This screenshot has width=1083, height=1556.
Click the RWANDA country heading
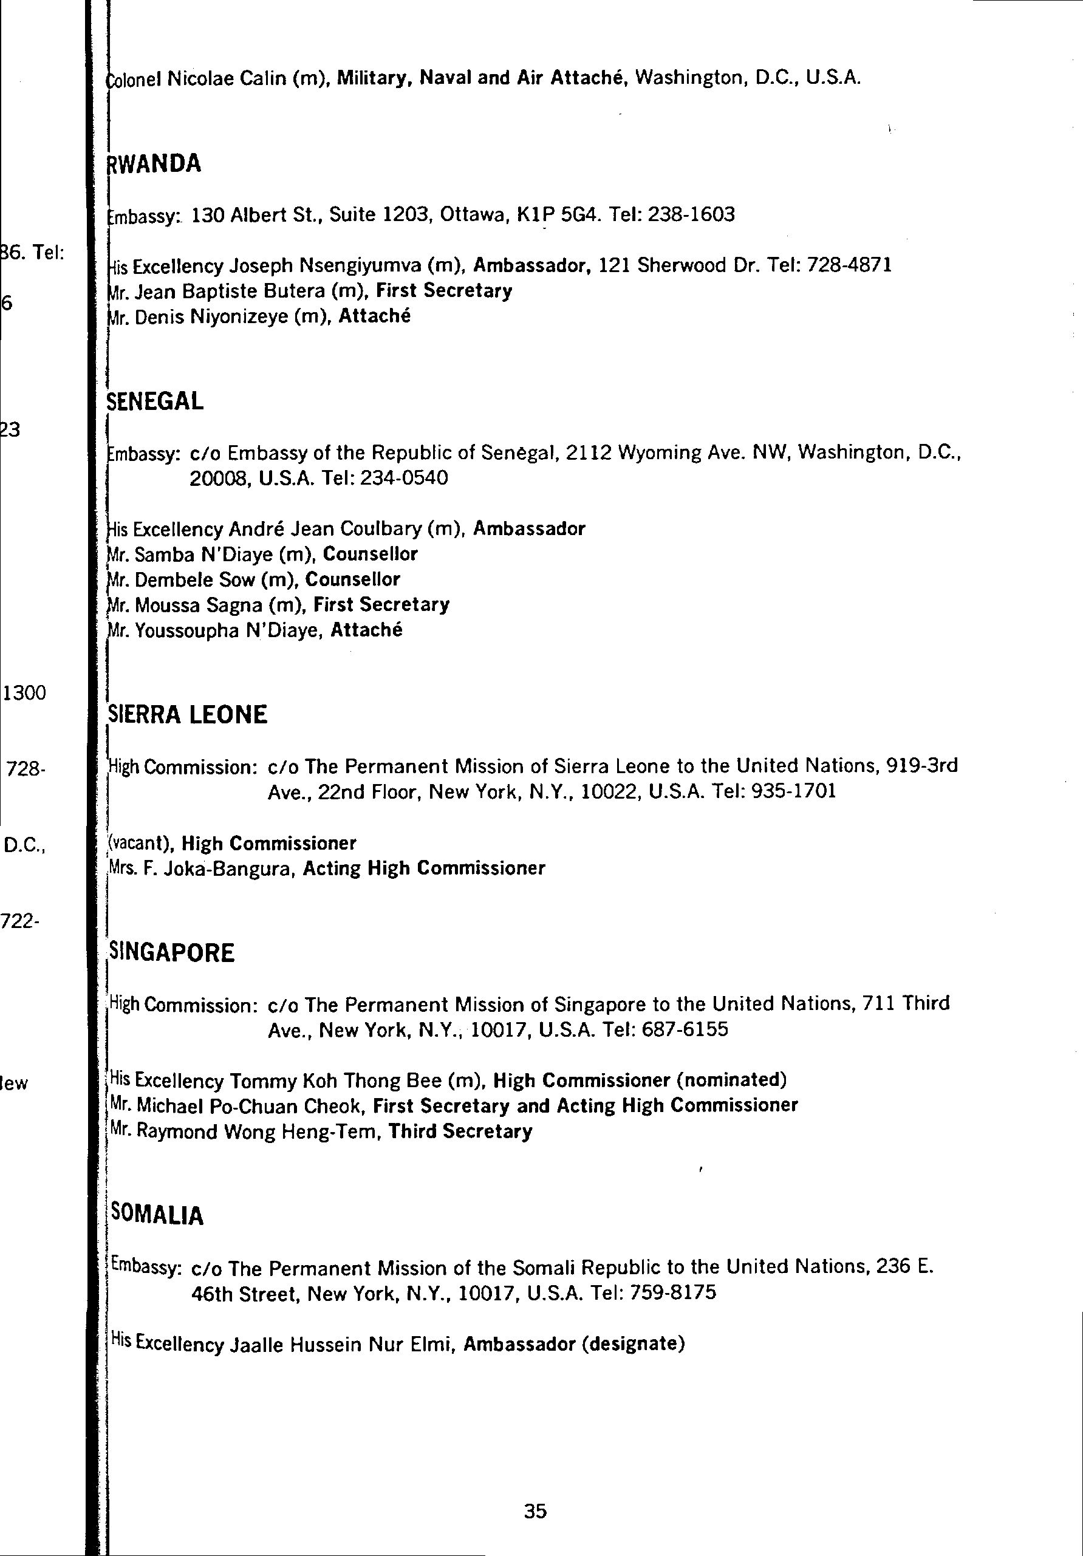coord(154,164)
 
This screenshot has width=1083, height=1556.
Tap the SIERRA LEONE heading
coord(188,715)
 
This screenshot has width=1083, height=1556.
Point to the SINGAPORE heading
coord(171,953)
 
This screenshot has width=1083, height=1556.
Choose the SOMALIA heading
coord(157,1215)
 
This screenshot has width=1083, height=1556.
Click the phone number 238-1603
coord(691,216)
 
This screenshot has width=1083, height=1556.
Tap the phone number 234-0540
coord(405,479)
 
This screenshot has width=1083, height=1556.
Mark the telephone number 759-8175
coord(672,1293)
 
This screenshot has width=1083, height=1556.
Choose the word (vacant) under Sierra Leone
coord(141,844)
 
